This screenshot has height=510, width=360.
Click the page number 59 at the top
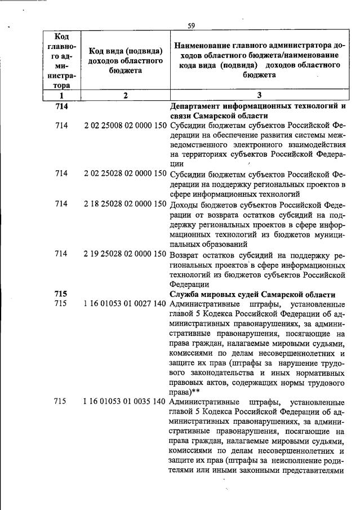coord(191,25)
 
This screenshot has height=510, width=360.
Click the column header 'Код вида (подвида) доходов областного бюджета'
coord(126,60)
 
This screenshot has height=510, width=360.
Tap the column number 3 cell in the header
coord(259,95)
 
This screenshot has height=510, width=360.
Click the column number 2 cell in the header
coord(126,95)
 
